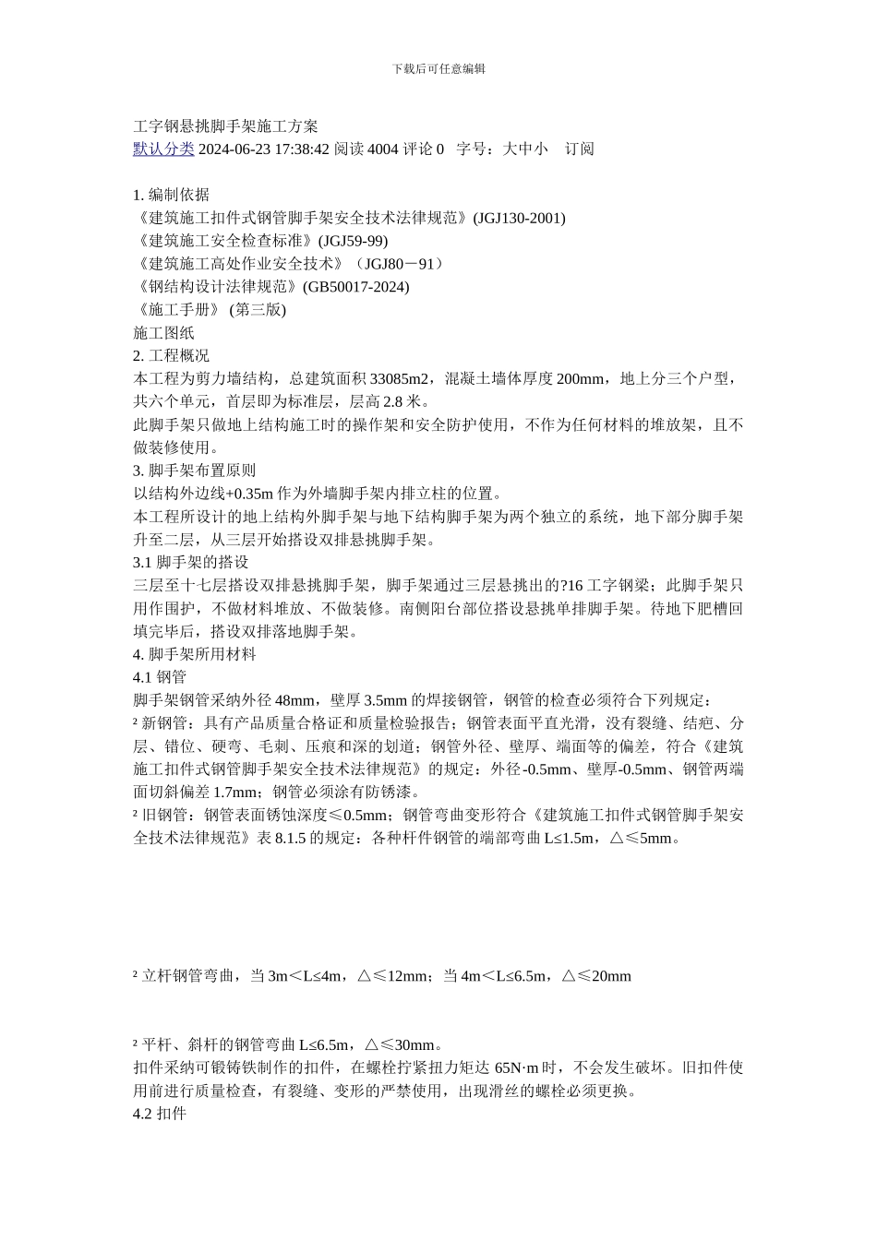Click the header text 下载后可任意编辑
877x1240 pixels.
tap(438, 68)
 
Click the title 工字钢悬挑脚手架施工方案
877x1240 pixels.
tap(226, 125)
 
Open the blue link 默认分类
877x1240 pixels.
tap(163, 149)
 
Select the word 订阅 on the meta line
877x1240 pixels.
tap(580, 149)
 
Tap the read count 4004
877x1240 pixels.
tap(382, 149)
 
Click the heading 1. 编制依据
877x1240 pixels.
tap(172, 195)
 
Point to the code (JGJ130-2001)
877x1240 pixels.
tap(519, 218)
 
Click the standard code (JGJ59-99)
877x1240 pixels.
tap(353, 241)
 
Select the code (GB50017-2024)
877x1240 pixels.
tap(355, 287)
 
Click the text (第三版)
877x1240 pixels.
tap(258, 310)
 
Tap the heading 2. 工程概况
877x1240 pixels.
tap(172, 355)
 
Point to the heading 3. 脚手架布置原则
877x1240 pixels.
tap(195, 471)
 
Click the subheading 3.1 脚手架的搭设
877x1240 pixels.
tap(191, 562)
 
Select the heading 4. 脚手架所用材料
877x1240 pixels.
tap(195, 654)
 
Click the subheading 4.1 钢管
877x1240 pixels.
tap(160, 677)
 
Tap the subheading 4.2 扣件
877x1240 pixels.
tap(160, 1114)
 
